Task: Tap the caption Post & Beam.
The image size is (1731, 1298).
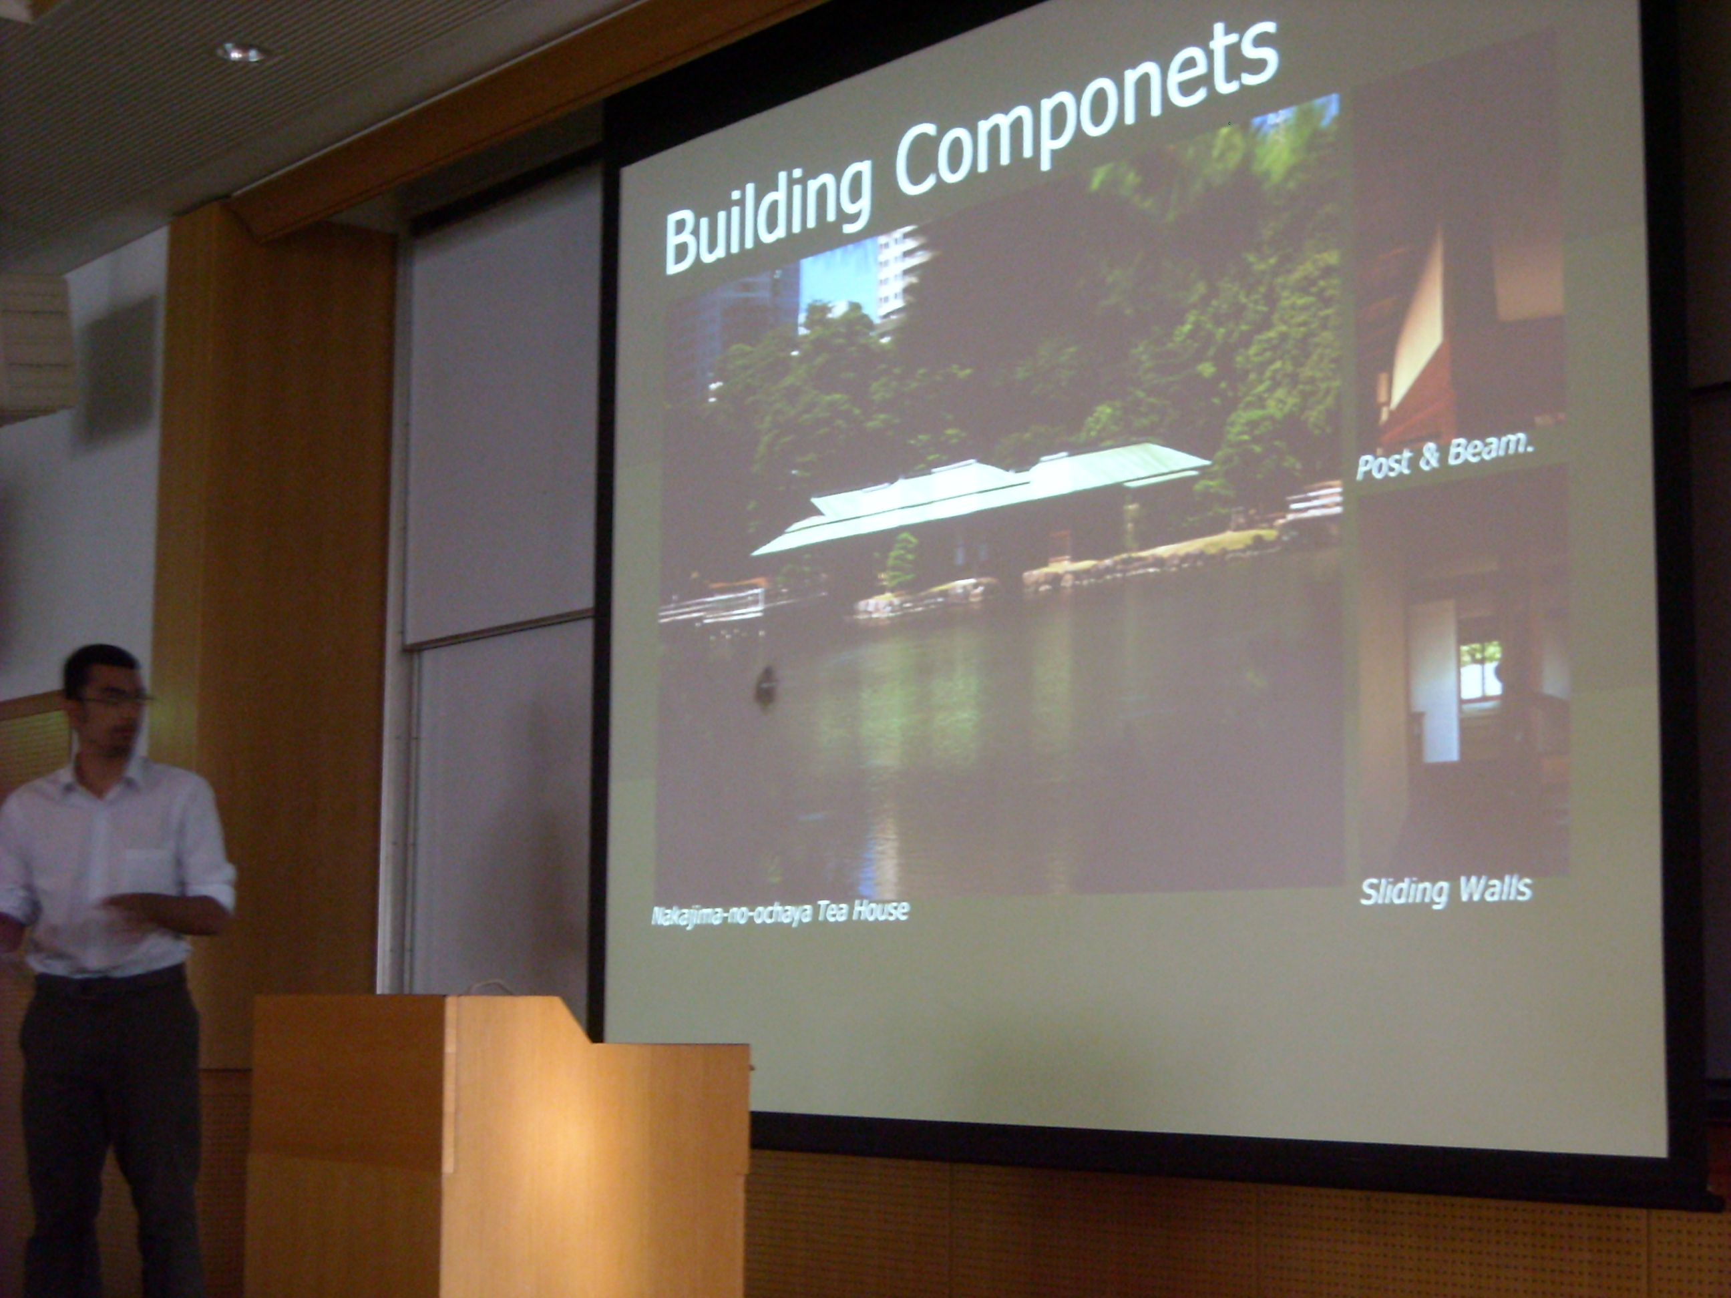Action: coord(1445,455)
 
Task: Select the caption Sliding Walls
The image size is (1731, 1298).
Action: coord(1446,890)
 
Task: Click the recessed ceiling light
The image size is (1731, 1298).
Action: coord(242,53)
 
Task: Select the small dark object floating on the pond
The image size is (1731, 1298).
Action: coord(765,684)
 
